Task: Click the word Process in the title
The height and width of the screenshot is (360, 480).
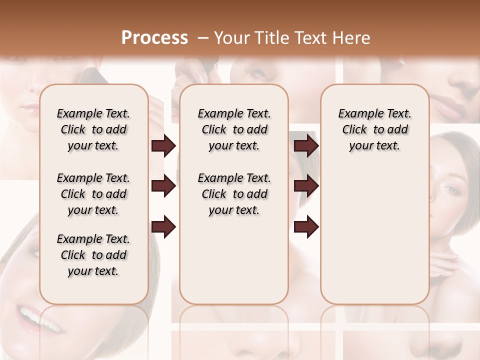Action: coord(154,37)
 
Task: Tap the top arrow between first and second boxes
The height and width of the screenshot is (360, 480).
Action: coord(163,145)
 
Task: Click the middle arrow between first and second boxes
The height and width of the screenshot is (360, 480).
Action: coord(163,186)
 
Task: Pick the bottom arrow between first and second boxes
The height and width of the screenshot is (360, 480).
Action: coord(163,226)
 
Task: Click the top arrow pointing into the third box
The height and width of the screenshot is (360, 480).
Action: coord(306,145)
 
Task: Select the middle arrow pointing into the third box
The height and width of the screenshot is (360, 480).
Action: coord(306,186)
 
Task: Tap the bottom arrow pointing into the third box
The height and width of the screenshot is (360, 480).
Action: coord(306,226)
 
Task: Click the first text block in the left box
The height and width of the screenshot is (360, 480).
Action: coord(93,129)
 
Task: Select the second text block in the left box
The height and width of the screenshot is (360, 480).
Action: coord(93,194)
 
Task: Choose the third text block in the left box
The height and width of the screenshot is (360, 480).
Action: coord(93,255)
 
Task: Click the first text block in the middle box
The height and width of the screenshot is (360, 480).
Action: coord(234,129)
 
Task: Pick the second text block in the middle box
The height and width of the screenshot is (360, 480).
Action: coord(234,194)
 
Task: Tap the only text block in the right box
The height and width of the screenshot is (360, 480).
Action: coord(374,129)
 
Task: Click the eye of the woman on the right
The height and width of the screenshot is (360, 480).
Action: coord(451,189)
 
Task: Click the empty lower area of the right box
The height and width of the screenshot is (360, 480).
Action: coord(374,240)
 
